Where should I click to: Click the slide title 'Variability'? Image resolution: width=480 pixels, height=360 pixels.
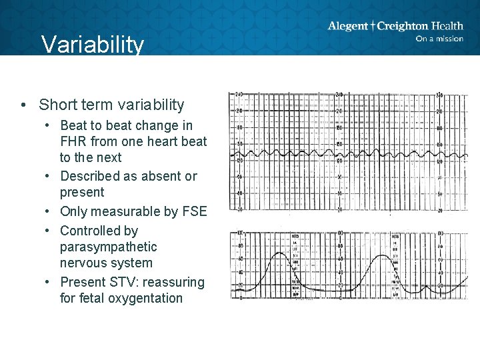tap(92, 45)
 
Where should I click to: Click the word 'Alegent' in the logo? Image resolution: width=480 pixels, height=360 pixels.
tap(347, 26)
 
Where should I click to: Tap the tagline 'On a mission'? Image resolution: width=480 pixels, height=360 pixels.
tap(439, 39)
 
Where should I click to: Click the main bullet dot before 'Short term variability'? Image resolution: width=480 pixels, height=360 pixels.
tap(23, 105)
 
